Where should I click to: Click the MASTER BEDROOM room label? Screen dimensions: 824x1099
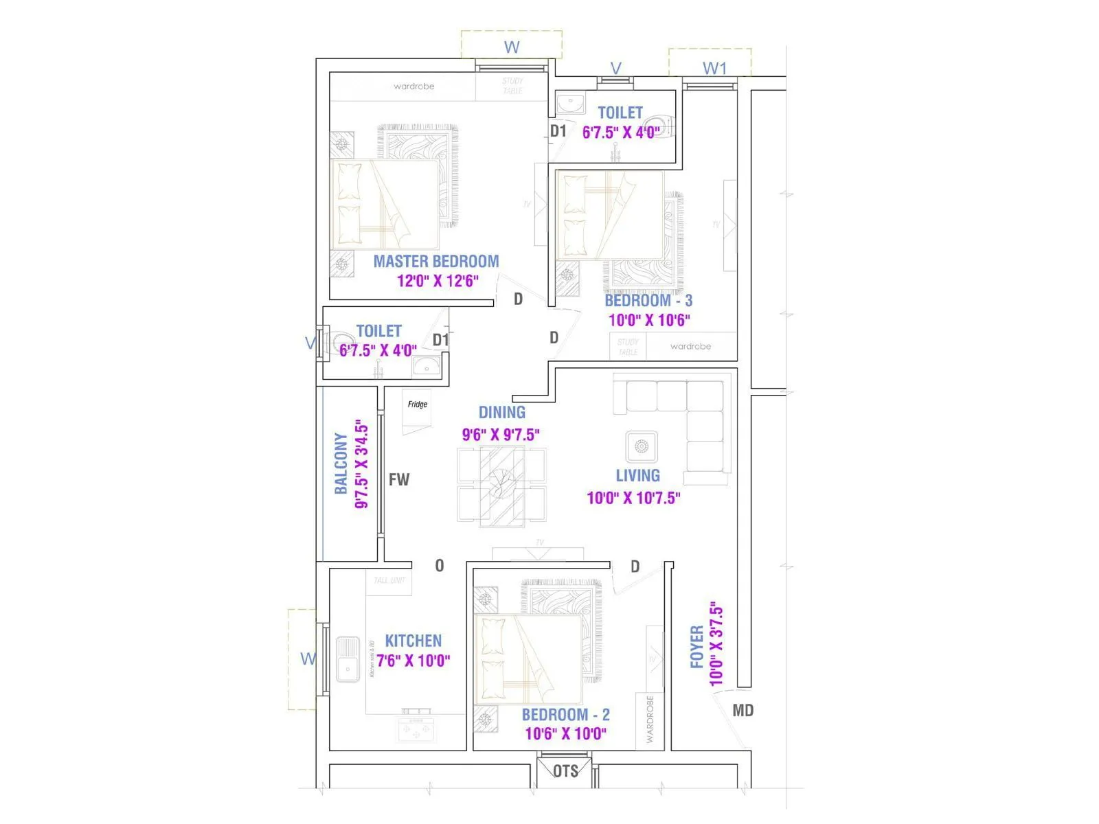pyautogui.click(x=435, y=262)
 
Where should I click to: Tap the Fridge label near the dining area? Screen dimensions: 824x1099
pyautogui.click(x=417, y=404)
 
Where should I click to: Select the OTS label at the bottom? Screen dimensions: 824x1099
pyautogui.click(x=565, y=771)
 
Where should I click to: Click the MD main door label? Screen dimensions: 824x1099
pyautogui.click(x=743, y=711)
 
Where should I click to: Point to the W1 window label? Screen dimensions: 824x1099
pyautogui.click(x=714, y=68)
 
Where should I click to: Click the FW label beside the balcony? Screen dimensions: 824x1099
pyautogui.click(x=398, y=479)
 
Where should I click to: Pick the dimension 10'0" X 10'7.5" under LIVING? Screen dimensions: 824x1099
pyautogui.click(x=633, y=498)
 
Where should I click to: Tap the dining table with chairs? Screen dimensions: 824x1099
pyautogui.click(x=502, y=485)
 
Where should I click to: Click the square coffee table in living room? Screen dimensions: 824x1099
pyautogui.click(x=642, y=447)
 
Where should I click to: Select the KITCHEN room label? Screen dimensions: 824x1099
pyautogui.click(x=413, y=641)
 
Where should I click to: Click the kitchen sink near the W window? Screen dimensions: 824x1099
pyautogui.click(x=348, y=659)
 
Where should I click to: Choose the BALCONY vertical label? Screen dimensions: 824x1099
pyautogui.click(x=341, y=463)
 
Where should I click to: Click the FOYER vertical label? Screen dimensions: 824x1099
pyautogui.click(x=696, y=646)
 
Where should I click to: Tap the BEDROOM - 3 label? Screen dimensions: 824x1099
pyautogui.click(x=648, y=301)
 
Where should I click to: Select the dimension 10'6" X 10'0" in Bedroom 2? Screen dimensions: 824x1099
pyautogui.click(x=565, y=734)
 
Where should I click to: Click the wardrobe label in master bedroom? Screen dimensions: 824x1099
pyautogui.click(x=413, y=87)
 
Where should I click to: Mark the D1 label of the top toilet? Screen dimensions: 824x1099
pyautogui.click(x=558, y=130)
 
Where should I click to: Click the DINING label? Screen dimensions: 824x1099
pyautogui.click(x=501, y=413)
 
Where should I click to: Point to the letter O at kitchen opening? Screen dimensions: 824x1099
pyautogui.click(x=440, y=566)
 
